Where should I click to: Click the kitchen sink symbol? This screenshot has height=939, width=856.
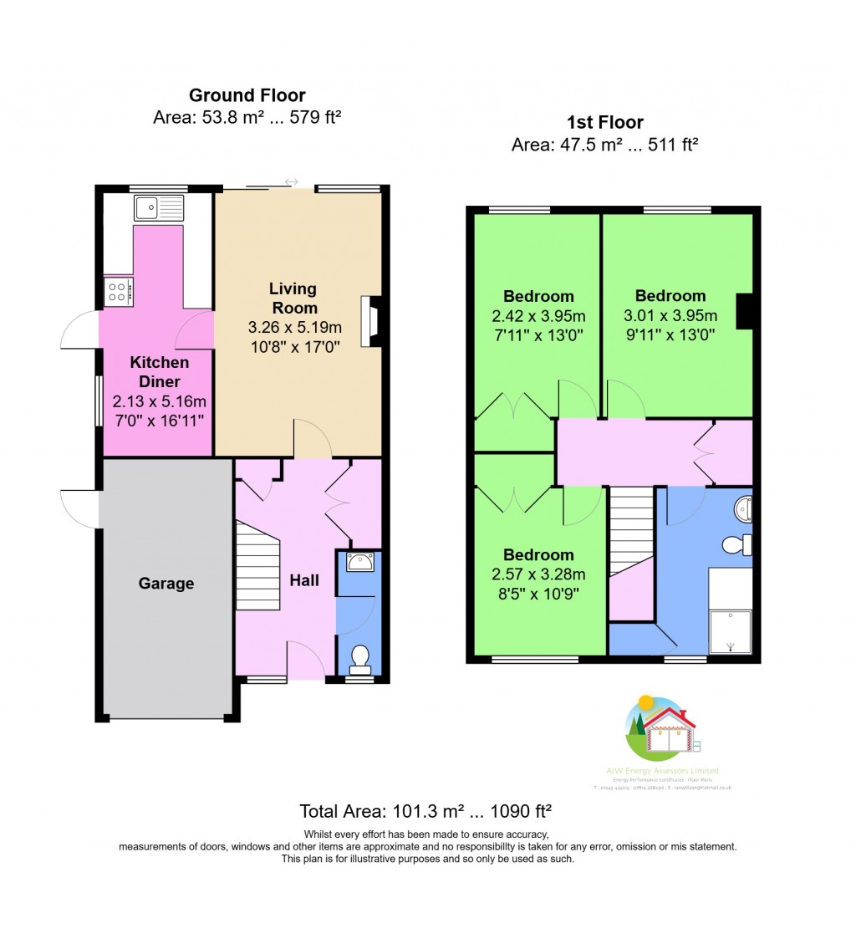tap(158, 207)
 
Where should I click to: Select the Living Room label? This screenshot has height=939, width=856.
tap(293, 298)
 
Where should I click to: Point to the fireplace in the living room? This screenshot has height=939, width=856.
tap(370, 321)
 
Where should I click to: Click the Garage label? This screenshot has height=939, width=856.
tap(166, 584)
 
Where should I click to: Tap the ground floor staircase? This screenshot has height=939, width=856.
tap(257, 565)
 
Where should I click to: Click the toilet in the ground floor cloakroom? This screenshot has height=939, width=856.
tap(359, 659)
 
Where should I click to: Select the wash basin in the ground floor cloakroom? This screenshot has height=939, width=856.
tap(359, 563)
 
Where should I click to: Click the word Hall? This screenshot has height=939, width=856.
tap(304, 579)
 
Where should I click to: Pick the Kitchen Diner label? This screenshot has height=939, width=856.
tap(159, 372)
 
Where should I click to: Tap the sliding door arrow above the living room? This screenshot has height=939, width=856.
tap(292, 181)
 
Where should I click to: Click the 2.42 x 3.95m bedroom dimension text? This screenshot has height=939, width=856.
tap(538, 316)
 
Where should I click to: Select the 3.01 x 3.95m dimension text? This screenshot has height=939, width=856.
tap(670, 315)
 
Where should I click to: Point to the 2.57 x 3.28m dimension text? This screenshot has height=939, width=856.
tap(538, 574)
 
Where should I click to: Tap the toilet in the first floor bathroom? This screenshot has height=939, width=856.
tap(736, 545)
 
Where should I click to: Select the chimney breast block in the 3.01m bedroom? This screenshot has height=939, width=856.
tap(744, 311)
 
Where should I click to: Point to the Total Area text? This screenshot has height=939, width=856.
tap(425, 811)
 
